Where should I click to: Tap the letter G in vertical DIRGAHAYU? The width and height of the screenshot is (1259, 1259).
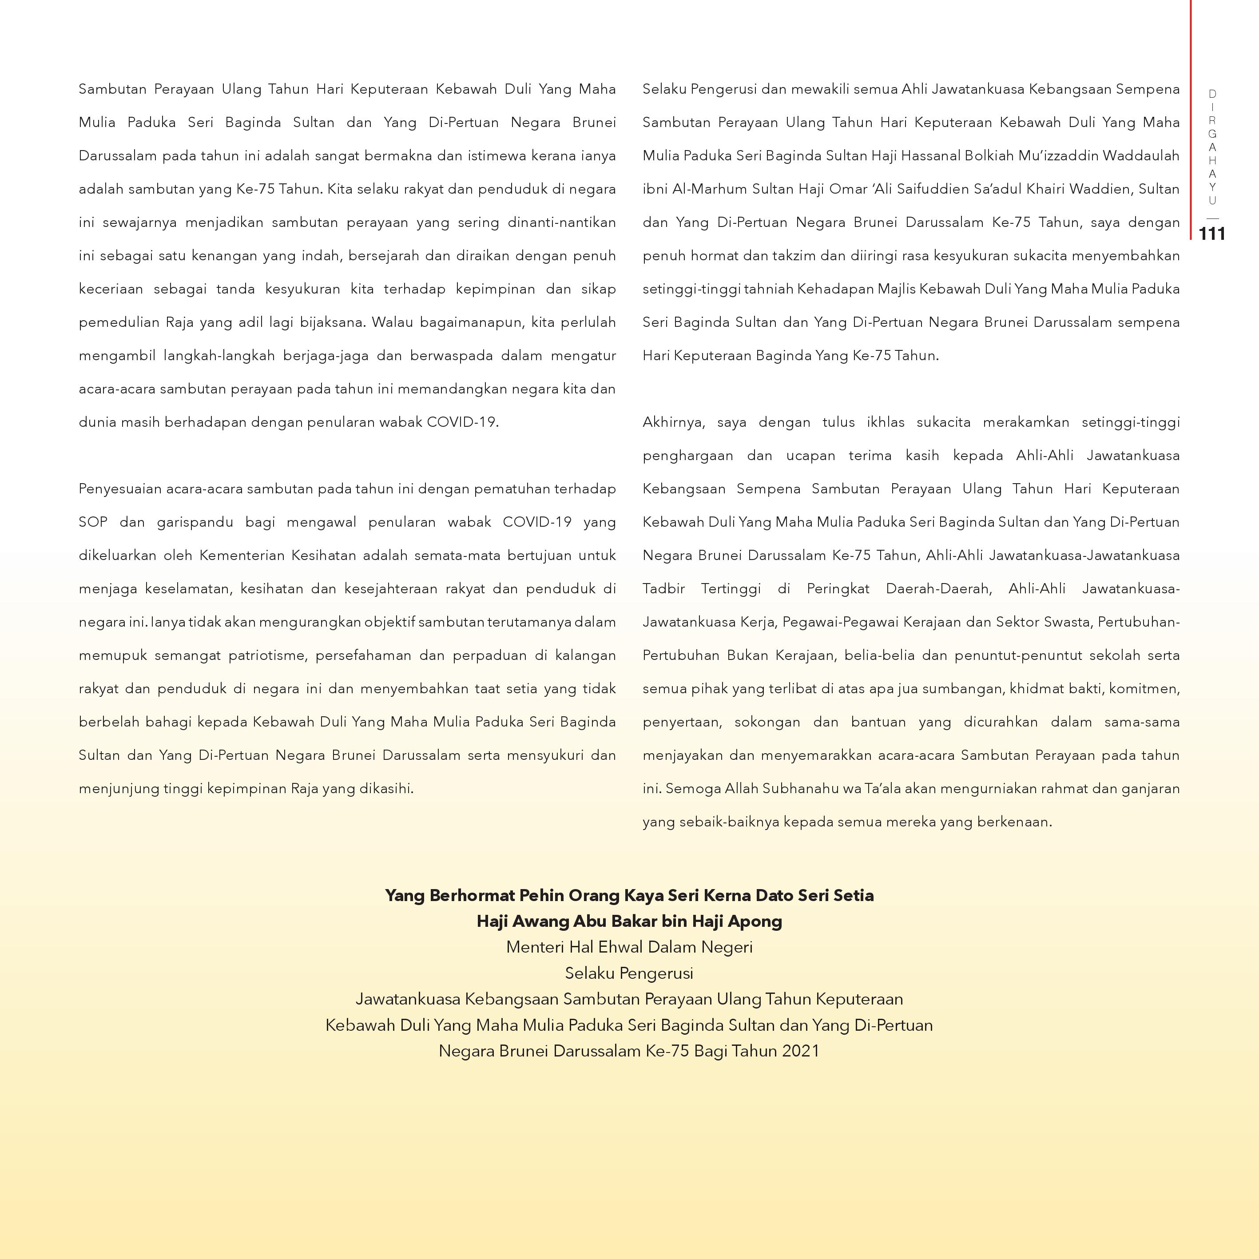coord(1212,134)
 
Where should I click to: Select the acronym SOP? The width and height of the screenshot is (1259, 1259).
coord(92,522)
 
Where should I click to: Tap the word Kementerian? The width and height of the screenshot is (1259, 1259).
coord(242,555)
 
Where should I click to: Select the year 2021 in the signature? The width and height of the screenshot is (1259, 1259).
coord(800,1051)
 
